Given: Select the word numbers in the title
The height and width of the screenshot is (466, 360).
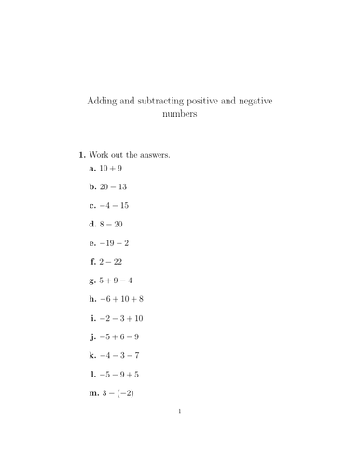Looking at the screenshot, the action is (180, 117).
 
